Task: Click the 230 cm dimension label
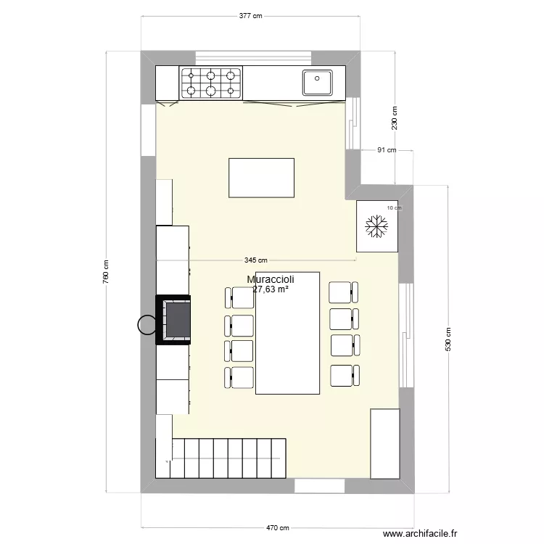[x=395, y=119]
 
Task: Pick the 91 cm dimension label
[x=387, y=151]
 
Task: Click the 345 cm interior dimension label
[x=256, y=260]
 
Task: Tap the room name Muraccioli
[x=271, y=279]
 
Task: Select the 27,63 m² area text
[x=271, y=289]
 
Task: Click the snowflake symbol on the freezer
[x=376, y=226]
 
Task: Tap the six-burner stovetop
[x=211, y=82]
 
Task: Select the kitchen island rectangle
[x=261, y=178]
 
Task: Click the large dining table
[x=288, y=333]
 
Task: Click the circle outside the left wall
[x=148, y=325]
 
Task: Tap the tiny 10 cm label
[x=394, y=207]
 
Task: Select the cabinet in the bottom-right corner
[x=384, y=443]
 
